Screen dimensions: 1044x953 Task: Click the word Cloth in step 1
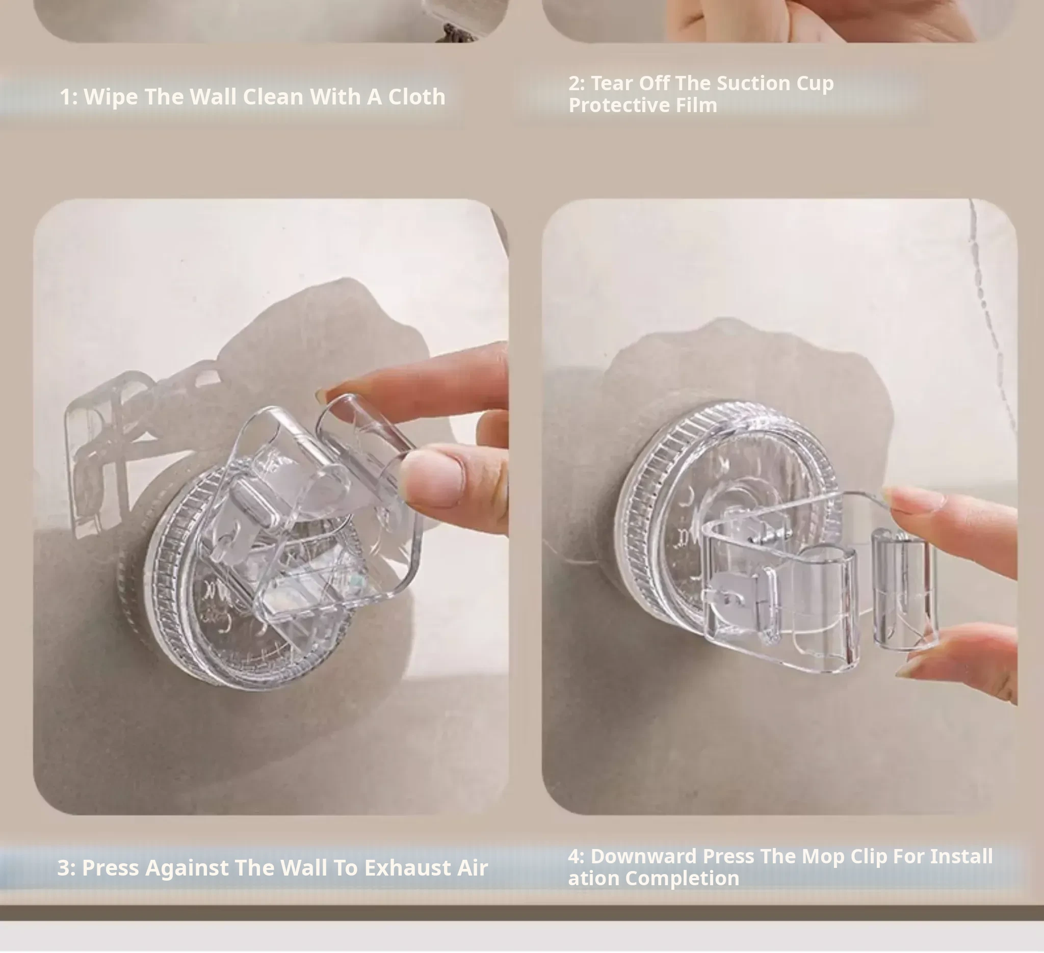pos(416,97)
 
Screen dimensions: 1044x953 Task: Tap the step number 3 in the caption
pos(63,868)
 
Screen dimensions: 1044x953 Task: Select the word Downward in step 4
pos(644,857)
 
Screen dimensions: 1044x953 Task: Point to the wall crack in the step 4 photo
pos(991,310)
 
